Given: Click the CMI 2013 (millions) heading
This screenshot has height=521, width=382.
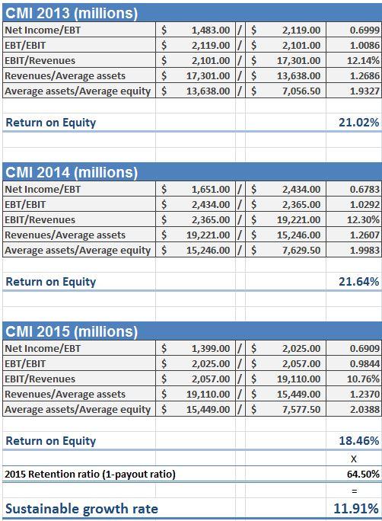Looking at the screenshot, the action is tap(72, 13).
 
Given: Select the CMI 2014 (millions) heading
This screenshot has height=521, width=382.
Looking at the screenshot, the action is tap(72, 172).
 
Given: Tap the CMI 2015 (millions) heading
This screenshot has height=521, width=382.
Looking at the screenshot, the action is tap(72, 331).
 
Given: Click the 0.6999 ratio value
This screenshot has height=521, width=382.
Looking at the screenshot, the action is tap(364, 30).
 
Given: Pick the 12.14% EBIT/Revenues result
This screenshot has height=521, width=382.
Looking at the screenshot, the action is tap(363, 60).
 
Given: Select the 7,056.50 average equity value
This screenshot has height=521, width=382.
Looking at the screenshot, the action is tap(301, 91).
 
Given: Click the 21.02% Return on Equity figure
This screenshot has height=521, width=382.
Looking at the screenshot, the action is tap(358, 123).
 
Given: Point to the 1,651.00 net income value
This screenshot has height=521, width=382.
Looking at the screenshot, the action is tap(211, 190).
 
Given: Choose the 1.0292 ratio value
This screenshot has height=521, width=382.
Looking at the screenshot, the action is tap(364, 205).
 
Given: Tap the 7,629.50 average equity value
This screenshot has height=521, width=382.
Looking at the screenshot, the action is tap(301, 250).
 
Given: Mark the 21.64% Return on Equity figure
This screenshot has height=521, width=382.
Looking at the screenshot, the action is tap(358, 282).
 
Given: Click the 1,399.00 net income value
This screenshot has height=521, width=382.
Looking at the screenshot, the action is tap(211, 349).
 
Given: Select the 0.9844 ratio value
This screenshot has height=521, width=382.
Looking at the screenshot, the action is tap(364, 364).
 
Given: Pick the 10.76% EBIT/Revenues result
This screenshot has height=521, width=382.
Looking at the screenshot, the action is tap(363, 379).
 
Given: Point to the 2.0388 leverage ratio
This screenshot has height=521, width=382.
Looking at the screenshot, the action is tap(364, 409).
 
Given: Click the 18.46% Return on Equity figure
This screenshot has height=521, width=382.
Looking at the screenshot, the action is tap(358, 441).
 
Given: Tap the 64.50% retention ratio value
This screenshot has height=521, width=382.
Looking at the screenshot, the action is tap(363, 474).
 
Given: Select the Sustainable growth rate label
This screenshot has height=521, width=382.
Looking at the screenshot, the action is tap(81, 509).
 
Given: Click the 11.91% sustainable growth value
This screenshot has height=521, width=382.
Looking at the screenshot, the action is tap(356, 509).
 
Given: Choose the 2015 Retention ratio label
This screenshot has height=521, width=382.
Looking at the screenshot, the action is tap(90, 474).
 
